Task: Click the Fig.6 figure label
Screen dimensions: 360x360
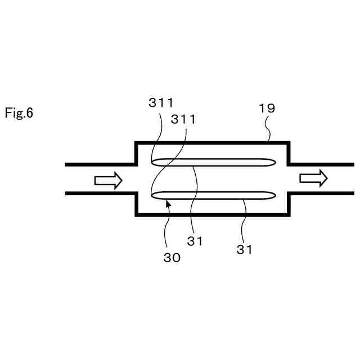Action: click(x=20, y=113)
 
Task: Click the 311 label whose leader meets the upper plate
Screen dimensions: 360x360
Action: click(x=161, y=102)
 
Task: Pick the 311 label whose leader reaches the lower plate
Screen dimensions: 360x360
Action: click(x=183, y=120)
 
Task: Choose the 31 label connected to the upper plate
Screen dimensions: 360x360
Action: click(x=195, y=241)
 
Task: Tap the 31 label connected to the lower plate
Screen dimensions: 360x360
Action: click(x=244, y=250)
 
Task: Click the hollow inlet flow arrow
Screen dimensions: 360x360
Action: click(x=108, y=180)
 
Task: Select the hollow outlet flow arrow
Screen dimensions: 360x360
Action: click(x=313, y=178)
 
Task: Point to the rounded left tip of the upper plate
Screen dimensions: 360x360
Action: click(x=154, y=163)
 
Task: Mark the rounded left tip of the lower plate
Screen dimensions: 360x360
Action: click(x=154, y=195)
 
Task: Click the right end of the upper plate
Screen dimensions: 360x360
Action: click(x=274, y=163)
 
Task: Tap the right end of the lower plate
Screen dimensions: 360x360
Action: click(x=274, y=195)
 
